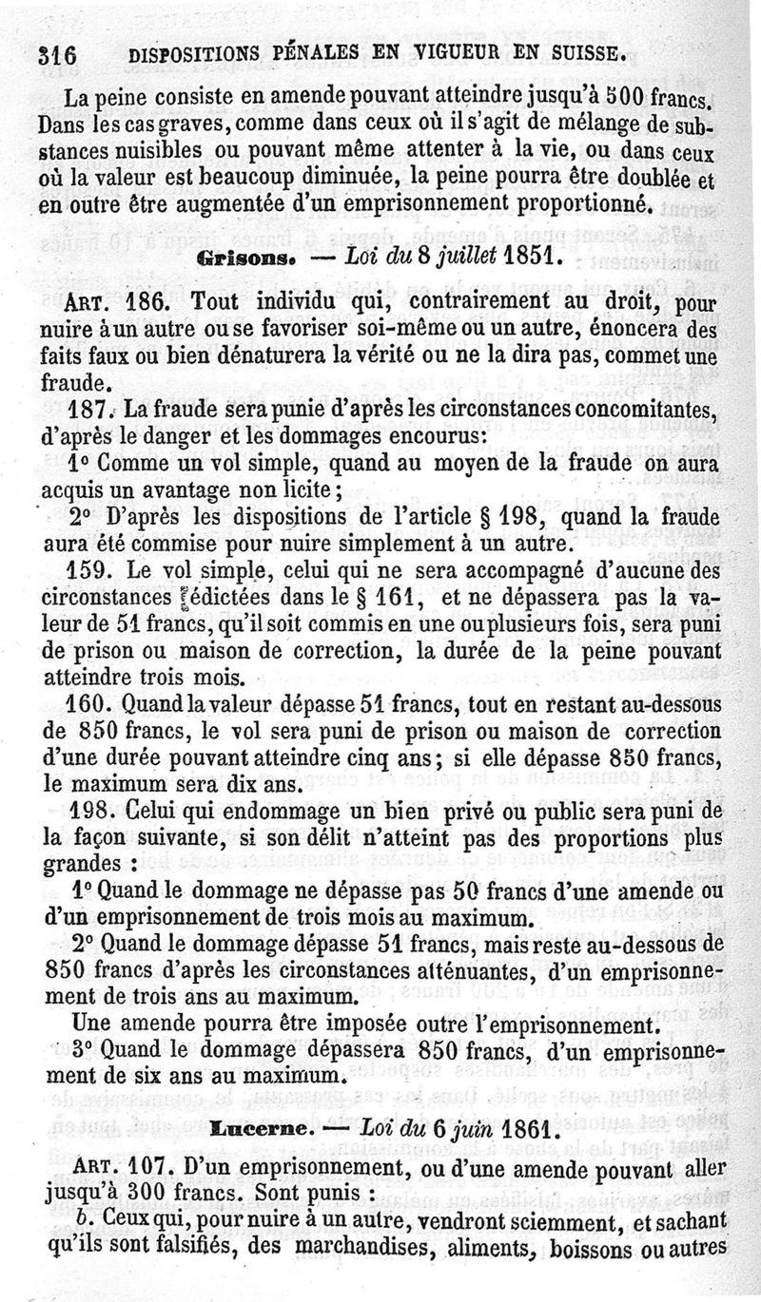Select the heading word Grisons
point(239,257)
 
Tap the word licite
point(300,490)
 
